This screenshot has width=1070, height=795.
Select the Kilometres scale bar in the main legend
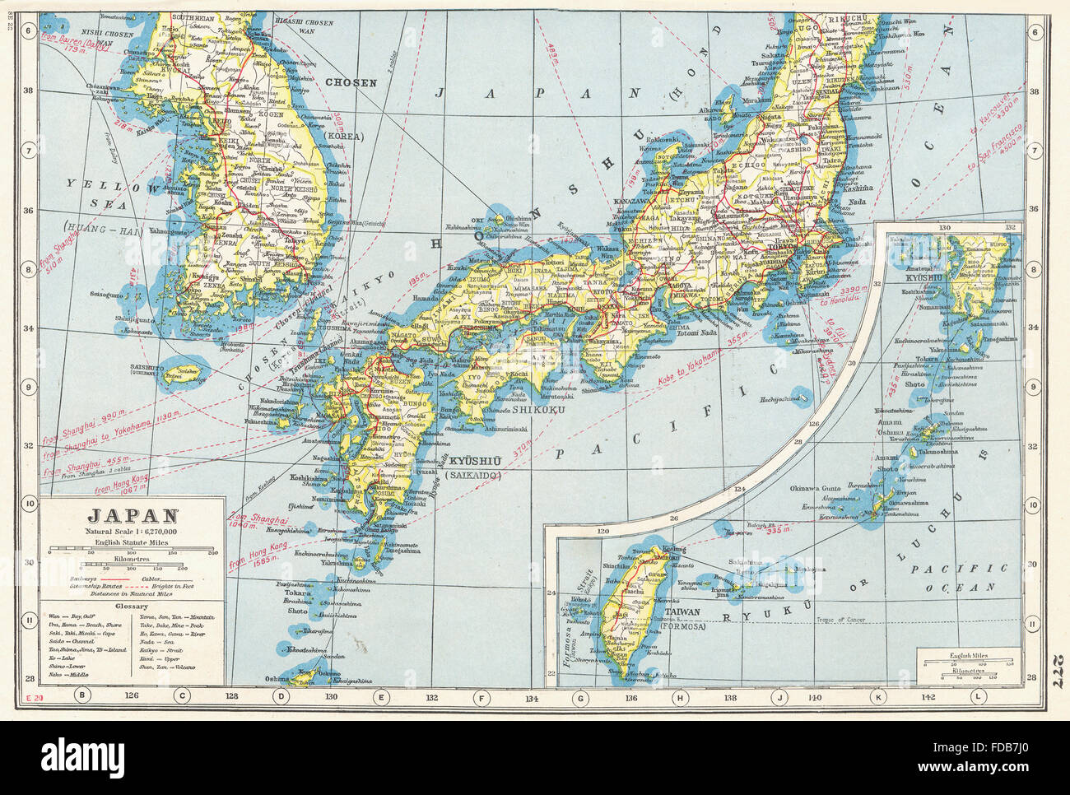(132, 568)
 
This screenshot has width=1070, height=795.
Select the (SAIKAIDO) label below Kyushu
(473, 476)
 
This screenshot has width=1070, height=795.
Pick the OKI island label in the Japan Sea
(477, 219)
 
